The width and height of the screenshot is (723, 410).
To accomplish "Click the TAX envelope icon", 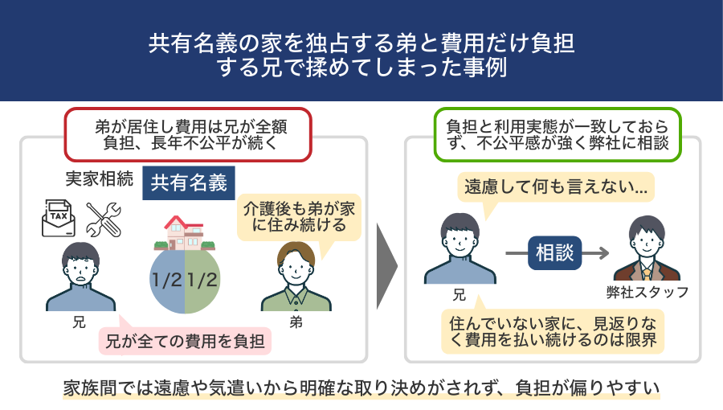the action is click(59, 218).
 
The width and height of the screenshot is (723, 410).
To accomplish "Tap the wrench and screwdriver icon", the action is click(104, 219).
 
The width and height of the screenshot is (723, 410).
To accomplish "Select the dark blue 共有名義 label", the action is click(189, 183).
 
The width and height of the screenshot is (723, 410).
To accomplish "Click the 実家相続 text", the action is click(99, 179).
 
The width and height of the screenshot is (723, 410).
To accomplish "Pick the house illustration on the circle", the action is click(185, 233).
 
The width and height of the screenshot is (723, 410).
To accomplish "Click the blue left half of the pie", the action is click(167, 280).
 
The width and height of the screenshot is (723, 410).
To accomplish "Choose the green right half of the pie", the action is click(202, 280).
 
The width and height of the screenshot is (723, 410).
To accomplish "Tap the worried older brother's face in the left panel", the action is click(80, 270).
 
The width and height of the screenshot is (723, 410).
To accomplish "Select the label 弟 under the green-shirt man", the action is click(296, 322).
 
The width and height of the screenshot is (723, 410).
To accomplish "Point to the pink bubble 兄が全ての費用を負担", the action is click(185, 342).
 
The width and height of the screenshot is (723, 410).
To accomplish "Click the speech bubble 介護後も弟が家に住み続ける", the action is click(299, 217).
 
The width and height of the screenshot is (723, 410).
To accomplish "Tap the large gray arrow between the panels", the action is click(386, 266).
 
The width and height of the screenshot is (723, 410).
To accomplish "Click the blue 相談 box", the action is click(554, 252).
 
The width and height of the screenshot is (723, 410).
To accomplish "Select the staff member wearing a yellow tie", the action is click(647, 248).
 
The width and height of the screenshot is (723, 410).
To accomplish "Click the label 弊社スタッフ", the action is click(647, 293).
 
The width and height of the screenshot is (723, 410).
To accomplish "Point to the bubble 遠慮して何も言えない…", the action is click(556, 187).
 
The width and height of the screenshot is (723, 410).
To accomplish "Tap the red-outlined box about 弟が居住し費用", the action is click(188, 135).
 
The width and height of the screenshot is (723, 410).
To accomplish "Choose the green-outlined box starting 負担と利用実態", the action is click(558, 135).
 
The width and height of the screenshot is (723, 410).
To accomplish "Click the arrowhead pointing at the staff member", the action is click(603, 252).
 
